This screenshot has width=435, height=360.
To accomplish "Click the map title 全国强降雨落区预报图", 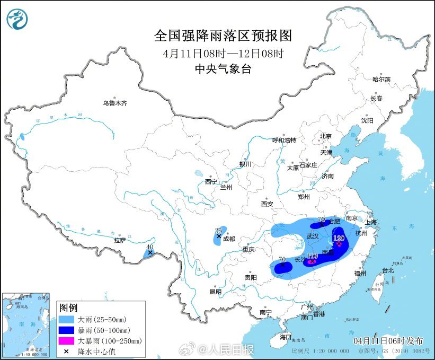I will (223, 36).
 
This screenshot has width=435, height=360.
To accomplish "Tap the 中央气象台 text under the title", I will (223, 68).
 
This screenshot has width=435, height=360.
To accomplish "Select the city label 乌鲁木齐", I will (115, 103).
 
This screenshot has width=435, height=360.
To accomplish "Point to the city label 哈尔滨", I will (380, 80).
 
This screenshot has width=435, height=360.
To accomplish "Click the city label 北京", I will (325, 136).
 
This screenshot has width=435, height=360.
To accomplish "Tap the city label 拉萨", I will (120, 240).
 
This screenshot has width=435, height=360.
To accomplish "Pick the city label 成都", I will (229, 239).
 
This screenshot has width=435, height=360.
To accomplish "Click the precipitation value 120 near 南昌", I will (339, 238).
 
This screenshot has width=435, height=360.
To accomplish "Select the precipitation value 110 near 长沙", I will (312, 256).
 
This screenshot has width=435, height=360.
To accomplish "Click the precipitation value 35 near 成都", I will (218, 230).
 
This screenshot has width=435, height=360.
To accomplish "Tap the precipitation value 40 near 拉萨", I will (150, 247).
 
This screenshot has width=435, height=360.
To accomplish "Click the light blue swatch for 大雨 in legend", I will (67, 320).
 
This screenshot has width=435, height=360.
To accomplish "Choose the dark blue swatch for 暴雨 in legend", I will (67, 330).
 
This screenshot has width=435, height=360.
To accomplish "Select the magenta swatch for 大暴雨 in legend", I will (67, 340).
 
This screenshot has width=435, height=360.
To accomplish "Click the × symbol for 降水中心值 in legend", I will (67, 350).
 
